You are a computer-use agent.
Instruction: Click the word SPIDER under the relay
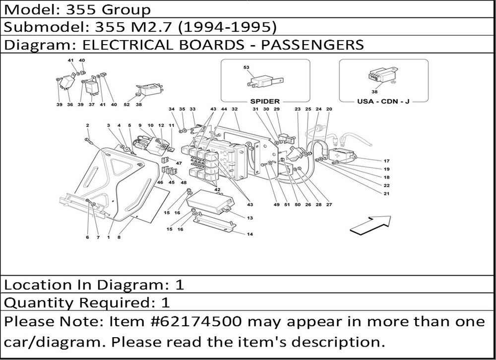(x=265, y=101)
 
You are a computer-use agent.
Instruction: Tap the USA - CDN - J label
(x=383, y=101)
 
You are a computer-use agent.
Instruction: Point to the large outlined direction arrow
(x=370, y=224)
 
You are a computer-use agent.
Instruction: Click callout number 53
(x=247, y=67)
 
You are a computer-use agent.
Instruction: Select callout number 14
(x=249, y=234)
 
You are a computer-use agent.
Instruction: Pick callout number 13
(x=249, y=218)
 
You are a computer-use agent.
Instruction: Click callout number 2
(x=87, y=125)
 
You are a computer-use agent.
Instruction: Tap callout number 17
(x=386, y=161)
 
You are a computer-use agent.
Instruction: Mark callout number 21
(x=386, y=193)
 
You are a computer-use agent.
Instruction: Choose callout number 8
(x=119, y=238)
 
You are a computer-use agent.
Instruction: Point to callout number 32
(x=235, y=109)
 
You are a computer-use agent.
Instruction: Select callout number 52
(x=126, y=105)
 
